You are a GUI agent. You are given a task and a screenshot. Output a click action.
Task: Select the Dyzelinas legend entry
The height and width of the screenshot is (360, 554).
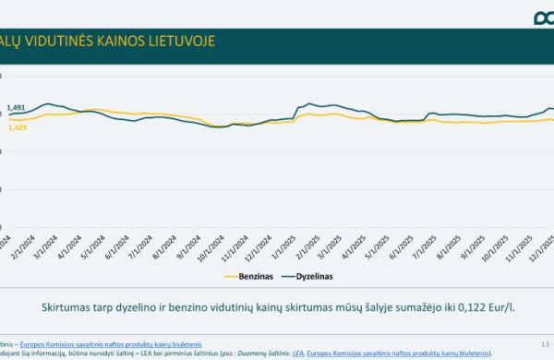click(x=313, y=275)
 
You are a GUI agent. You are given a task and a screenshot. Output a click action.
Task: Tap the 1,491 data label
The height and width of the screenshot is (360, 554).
click(x=16, y=108)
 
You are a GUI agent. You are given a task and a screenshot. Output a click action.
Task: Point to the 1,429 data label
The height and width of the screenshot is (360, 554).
click(x=16, y=126)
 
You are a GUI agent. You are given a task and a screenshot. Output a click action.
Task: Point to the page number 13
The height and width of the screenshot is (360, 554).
click(x=543, y=343)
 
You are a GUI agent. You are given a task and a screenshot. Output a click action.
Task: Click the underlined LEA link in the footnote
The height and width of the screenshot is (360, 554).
click(x=296, y=353)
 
